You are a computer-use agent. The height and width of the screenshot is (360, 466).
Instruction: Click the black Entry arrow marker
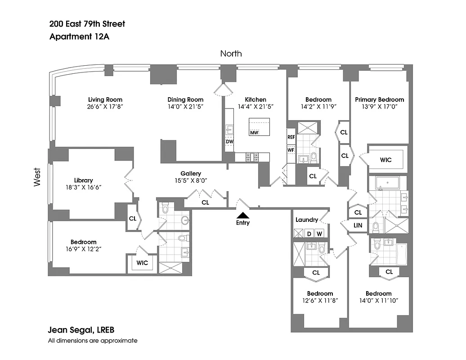[x=242, y=216]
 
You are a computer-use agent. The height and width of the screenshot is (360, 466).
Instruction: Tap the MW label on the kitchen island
[x=254, y=132]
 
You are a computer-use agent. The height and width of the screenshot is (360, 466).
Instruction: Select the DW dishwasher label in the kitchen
[x=229, y=141]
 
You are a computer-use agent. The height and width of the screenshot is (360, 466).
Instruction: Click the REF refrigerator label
[x=291, y=137]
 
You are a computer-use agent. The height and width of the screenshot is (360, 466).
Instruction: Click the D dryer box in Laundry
[x=309, y=234]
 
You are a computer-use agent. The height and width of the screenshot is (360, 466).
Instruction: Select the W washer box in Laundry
[x=319, y=234]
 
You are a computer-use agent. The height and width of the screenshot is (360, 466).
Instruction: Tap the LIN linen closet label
[x=358, y=225]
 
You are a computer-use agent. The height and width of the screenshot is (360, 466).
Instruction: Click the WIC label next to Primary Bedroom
[x=385, y=160]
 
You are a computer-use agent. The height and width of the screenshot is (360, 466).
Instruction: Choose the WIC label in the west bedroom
[x=142, y=262]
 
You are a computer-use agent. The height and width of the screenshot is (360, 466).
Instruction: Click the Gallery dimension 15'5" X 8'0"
[x=191, y=180]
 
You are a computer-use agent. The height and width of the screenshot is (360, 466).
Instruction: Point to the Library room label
[x=84, y=180]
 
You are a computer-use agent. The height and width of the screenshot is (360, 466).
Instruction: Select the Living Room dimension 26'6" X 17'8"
[x=105, y=107]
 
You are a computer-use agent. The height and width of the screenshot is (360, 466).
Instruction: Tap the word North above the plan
[x=231, y=54]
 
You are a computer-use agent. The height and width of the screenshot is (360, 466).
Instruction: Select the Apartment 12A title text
[x=80, y=37]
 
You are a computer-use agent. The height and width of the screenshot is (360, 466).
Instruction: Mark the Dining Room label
[x=185, y=99]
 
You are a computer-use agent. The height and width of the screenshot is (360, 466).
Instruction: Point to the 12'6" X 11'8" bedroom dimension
[x=320, y=301]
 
